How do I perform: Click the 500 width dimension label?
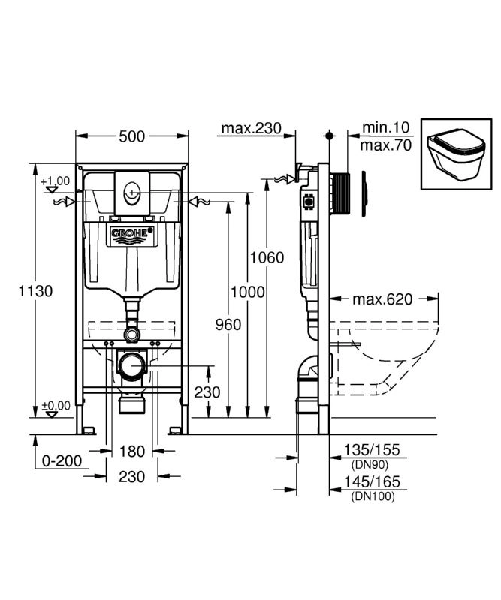pos(132,136)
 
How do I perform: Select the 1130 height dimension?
pos(35,291)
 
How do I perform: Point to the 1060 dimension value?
pos(267,257)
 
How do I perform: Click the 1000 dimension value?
pos(248,292)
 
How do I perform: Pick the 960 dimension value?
pos(228,325)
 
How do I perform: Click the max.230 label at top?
pos(252,128)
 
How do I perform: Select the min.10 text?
pos(385,127)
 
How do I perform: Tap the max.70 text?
pos(385,145)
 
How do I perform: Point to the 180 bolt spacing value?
pos(132,451)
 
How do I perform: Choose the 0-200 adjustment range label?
pos(62,461)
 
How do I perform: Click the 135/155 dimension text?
pos(372,449)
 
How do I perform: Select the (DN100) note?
pos(373,496)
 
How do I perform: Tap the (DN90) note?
pos(370,465)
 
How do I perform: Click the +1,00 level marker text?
pos(55,181)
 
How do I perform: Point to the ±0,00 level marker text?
pos(56,406)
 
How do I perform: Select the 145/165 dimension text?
pos(372,481)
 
